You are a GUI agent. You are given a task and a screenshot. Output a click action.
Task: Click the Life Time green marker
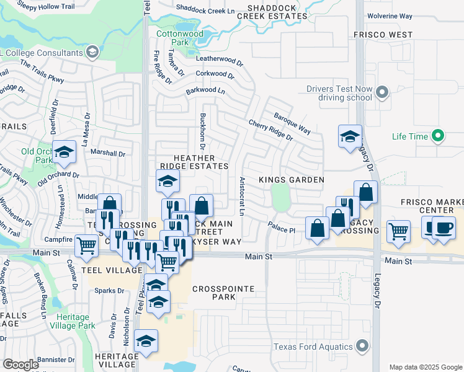(439, 135)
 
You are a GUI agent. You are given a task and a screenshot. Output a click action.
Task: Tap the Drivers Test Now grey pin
(382, 93)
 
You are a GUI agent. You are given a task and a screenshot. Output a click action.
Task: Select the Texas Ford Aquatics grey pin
(363, 347)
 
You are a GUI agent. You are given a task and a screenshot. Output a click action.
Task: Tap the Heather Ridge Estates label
(195, 162)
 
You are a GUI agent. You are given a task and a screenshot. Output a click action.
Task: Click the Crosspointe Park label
(214, 293)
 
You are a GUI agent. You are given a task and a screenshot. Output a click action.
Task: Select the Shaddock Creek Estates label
(277, 12)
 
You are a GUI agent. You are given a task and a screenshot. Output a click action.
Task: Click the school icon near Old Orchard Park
(63, 152)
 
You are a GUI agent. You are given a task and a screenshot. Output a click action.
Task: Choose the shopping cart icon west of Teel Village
(86, 245)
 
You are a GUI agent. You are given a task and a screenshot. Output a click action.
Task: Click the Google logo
(20, 365)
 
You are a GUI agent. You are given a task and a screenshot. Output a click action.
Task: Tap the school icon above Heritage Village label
(146, 340)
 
